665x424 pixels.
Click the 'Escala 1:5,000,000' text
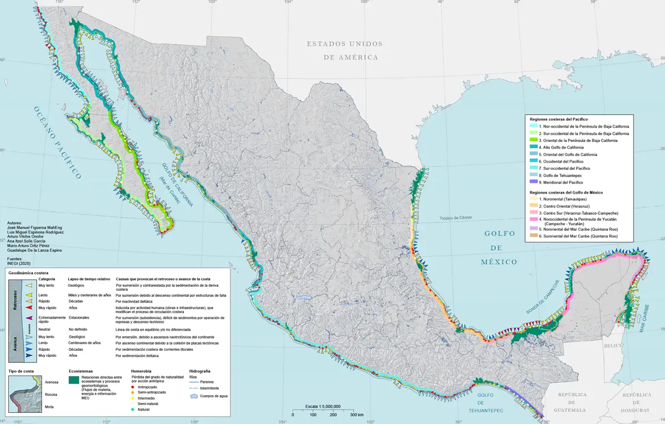323,406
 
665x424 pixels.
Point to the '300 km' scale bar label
356,415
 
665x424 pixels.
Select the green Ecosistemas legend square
73,380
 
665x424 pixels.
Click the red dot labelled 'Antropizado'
133,386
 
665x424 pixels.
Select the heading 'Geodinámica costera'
28,273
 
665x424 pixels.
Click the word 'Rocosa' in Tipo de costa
51,395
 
